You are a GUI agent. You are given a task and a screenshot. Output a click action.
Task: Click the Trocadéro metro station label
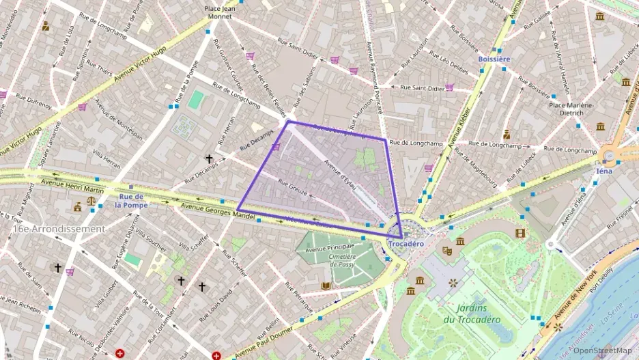(406, 244)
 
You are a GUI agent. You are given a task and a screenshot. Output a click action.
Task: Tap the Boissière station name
(494, 59)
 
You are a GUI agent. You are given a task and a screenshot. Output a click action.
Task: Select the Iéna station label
(604, 171)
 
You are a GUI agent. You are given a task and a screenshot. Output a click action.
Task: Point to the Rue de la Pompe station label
(131, 200)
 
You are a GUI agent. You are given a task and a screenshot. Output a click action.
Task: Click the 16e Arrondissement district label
(58, 229)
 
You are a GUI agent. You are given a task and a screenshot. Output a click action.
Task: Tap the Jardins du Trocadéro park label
(471, 314)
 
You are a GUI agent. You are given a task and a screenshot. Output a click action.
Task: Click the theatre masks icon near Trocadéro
(447, 251)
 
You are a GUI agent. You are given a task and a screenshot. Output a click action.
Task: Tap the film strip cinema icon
(521, 234)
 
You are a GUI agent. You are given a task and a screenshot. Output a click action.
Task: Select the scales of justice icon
(91, 203)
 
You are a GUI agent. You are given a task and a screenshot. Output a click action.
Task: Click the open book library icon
(326, 286)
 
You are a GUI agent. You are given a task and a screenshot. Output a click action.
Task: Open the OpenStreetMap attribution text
(603, 350)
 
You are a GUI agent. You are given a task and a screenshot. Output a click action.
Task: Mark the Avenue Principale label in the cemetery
(330, 249)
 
